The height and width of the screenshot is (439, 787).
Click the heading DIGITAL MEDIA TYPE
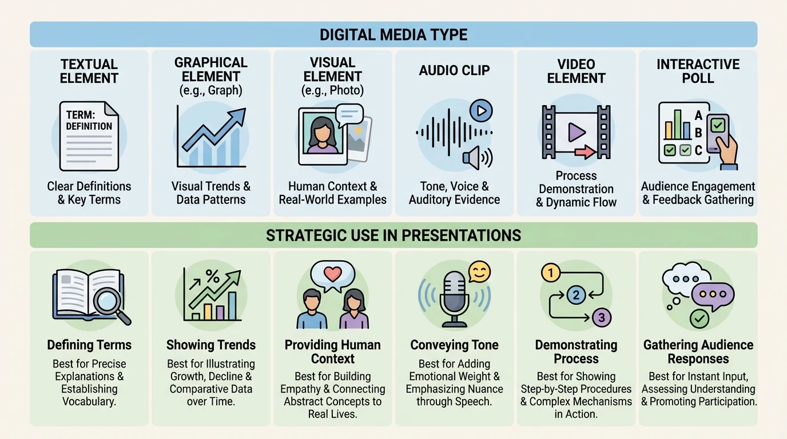pos(393,35)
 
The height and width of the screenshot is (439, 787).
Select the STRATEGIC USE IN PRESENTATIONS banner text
pos(393,236)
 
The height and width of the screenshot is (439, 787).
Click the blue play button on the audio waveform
pos(481,110)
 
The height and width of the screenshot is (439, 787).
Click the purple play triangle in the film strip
pos(576,133)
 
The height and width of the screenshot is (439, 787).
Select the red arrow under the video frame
pos(584,152)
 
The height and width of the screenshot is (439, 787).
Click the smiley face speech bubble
pos(479,272)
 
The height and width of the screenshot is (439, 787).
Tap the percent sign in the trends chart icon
pos(212,275)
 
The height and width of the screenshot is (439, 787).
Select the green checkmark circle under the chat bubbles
pos(699,318)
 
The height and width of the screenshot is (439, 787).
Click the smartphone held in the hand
pos(718,131)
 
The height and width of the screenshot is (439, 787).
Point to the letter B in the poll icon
pos(698,133)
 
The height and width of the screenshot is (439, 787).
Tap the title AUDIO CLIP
pos(454,70)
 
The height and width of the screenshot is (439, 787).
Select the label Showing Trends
pos(211,345)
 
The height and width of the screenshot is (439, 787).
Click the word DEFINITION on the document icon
pos(89,126)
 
